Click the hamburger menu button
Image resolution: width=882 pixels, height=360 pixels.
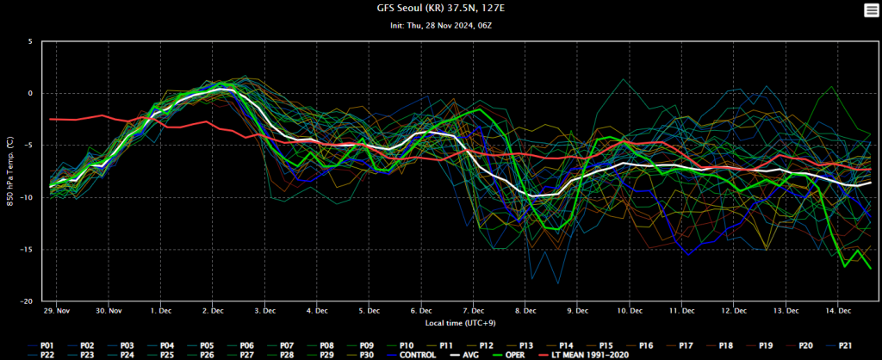point(870,9)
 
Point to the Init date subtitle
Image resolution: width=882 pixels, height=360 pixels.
point(440,25)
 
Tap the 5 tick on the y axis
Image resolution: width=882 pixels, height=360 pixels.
point(30,41)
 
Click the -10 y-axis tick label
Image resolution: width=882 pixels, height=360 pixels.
point(27,198)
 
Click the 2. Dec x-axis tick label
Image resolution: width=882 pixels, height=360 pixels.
point(214,310)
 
